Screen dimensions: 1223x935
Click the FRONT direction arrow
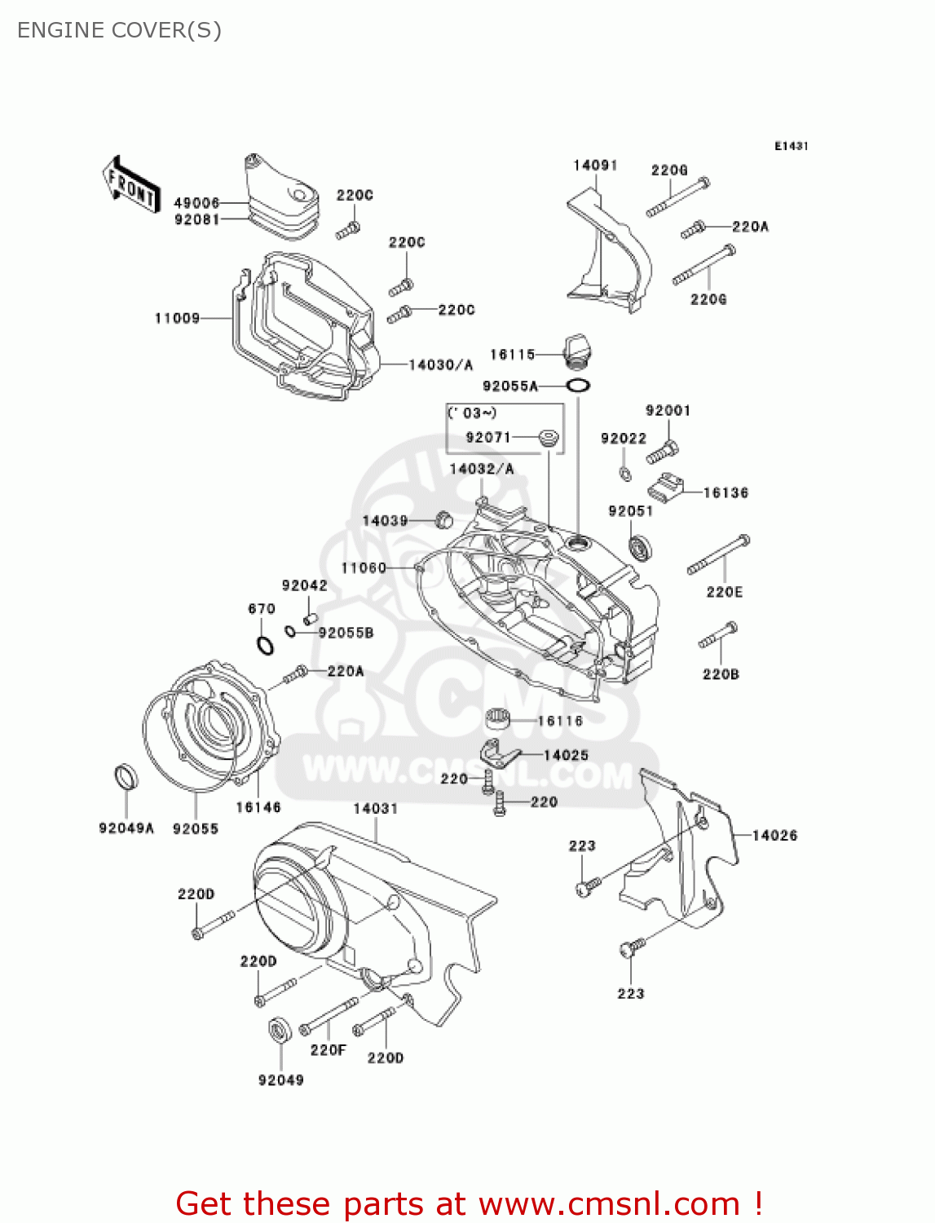click(x=130, y=185)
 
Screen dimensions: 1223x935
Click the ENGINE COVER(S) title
click(x=119, y=30)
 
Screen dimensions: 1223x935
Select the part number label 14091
click(x=595, y=166)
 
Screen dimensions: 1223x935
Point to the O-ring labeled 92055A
click(x=578, y=385)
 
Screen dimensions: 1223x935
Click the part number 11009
click(x=177, y=318)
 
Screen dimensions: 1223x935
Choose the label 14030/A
click(x=440, y=364)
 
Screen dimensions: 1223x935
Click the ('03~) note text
click(x=473, y=413)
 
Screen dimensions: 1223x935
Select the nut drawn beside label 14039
click(x=444, y=519)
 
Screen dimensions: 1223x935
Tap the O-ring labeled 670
click(x=265, y=646)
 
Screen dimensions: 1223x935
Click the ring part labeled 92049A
click(x=126, y=777)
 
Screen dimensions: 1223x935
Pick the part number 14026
click(x=774, y=835)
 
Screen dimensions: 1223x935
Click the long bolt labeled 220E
click(x=718, y=554)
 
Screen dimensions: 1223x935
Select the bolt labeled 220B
click(x=718, y=636)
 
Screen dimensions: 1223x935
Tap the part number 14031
click(x=376, y=808)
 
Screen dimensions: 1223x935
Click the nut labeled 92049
click(x=279, y=1031)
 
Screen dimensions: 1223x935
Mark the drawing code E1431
click(x=791, y=146)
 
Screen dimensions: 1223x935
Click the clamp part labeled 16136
click(x=664, y=488)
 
